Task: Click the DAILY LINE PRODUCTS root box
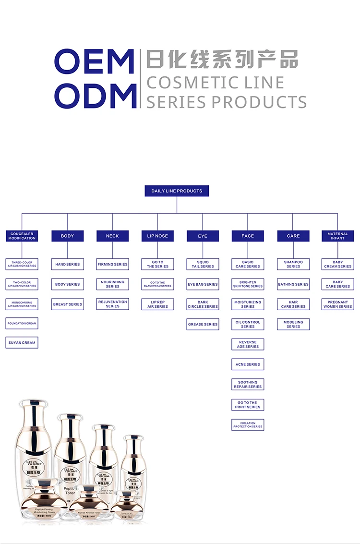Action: (177, 191)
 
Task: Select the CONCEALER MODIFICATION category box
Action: (22, 236)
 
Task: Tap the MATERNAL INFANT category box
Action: (337, 236)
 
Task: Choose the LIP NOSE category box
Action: (157, 236)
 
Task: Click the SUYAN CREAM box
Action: (22, 343)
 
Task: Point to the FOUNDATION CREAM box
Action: (22, 324)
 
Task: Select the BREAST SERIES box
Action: (68, 304)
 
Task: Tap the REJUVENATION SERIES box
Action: (112, 304)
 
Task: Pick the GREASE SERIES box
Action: (203, 325)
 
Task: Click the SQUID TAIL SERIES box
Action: (203, 265)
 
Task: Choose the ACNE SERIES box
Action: (248, 364)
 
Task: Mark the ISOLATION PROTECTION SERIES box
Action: (248, 425)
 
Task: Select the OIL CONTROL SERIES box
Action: (248, 325)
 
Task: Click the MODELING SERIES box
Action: (293, 325)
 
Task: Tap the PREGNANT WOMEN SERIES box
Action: (337, 304)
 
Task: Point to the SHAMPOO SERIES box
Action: (293, 265)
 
